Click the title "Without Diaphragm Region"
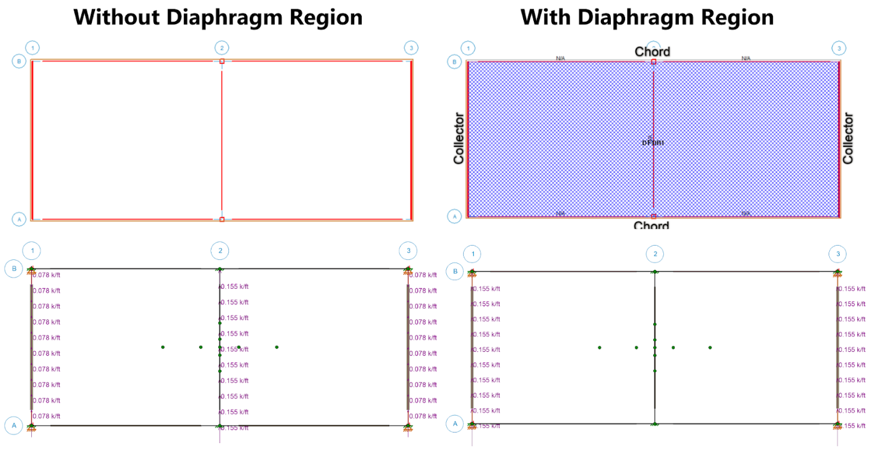click(218, 17)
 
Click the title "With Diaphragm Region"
click(646, 17)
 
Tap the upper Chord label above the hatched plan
click(653, 51)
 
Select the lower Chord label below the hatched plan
click(651, 225)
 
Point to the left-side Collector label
click(459, 138)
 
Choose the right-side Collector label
click(848, 138)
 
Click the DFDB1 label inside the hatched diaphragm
click(653, 142)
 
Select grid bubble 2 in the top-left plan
click(221, 47)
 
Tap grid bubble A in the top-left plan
click(19, 219)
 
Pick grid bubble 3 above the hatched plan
click(838, 48)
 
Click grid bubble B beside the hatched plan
click(455, 61)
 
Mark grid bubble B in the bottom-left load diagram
click(13, 269)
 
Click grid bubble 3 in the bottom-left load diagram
click(408, 251)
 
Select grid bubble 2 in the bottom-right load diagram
click(655, 254)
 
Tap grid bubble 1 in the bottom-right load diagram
click(472, 254)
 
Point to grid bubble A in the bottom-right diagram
click(455, 424)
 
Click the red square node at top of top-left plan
click(222, 61)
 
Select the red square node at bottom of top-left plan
click(222, 219)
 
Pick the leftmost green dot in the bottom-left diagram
click(163, 347)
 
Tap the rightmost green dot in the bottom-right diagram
click(710, 347)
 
